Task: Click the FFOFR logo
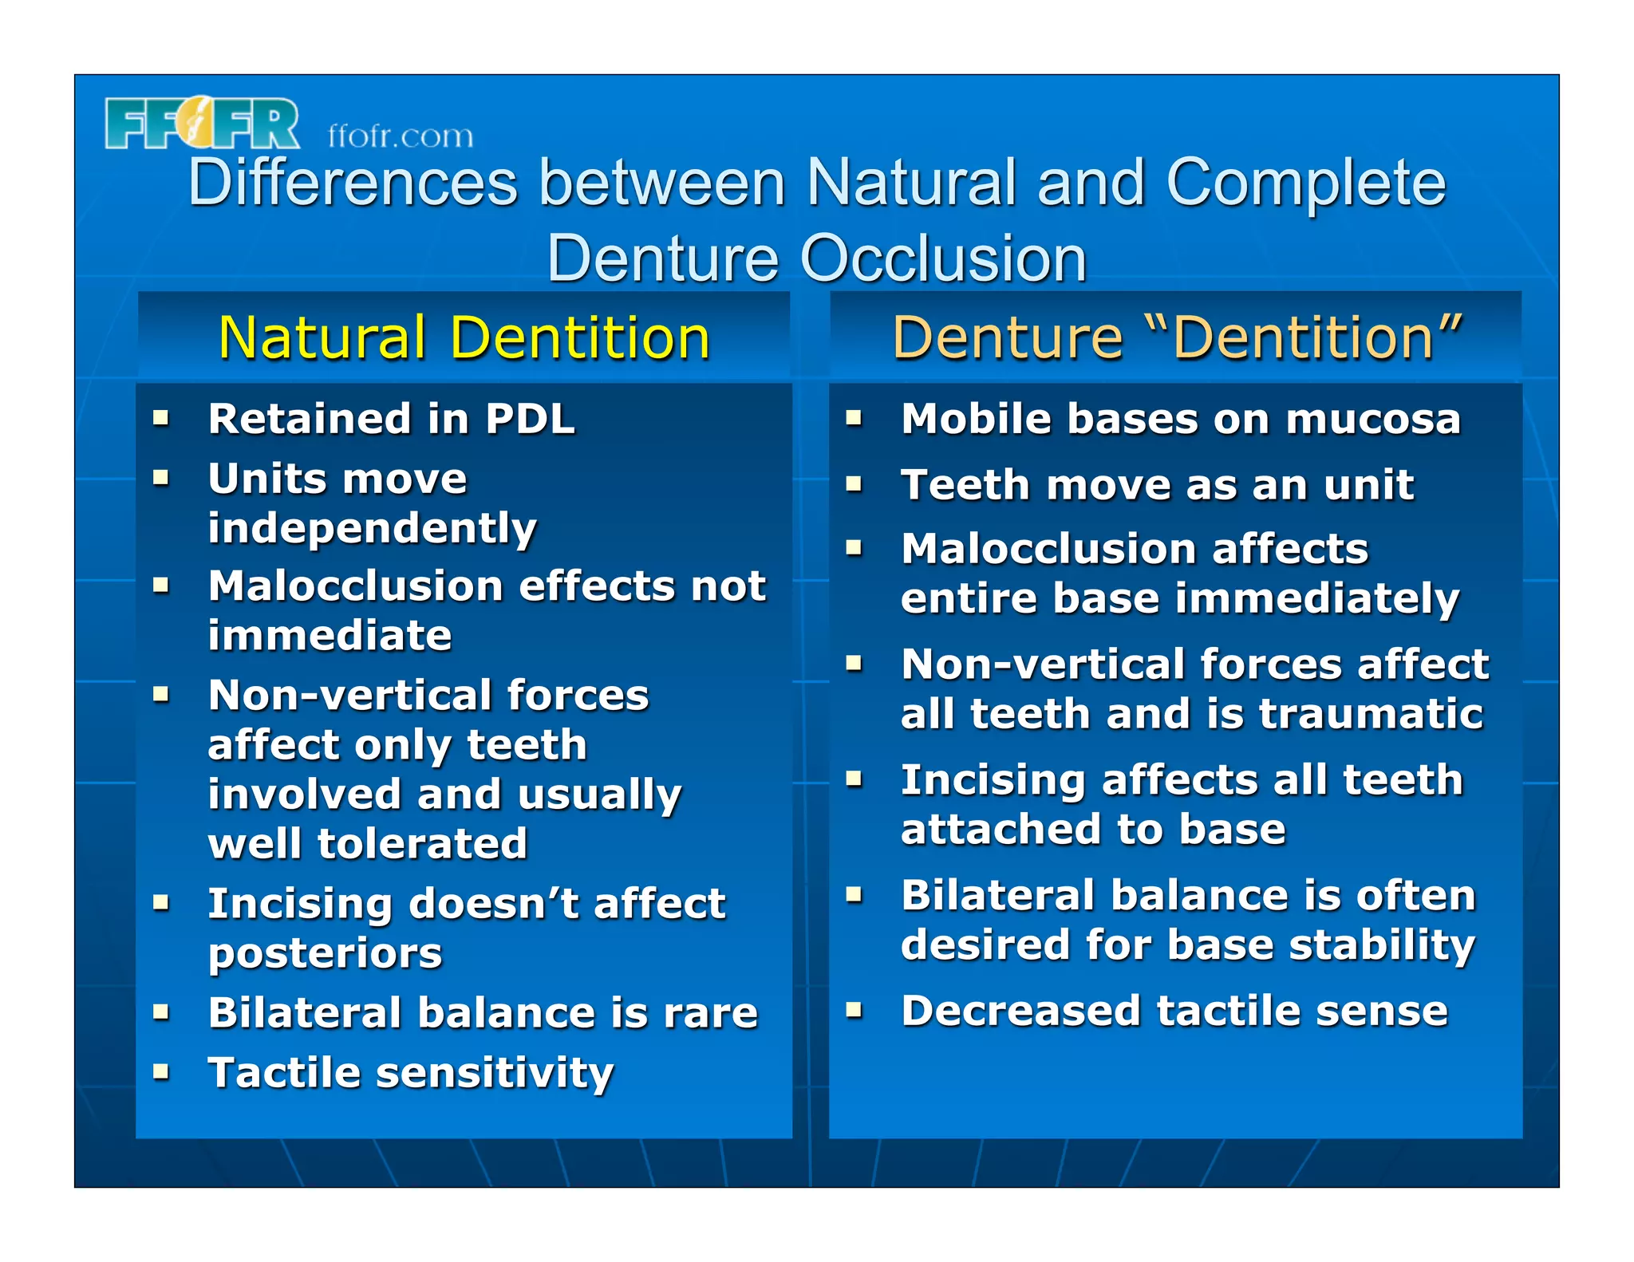coord(202,124)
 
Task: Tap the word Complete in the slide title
coord(1305,183)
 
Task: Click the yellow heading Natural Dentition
coord(464,337)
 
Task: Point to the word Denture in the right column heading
coord(1007,337)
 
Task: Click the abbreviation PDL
coord(530,419)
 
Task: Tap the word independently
coord(372,528)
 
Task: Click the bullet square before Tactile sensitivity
coord(162,1071)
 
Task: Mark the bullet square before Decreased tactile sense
coord(854,1011)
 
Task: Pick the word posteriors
coord(325,953)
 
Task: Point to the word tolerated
coord(422,843)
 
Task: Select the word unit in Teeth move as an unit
coord(1368,484)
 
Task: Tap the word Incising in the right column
coord(993,779)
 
